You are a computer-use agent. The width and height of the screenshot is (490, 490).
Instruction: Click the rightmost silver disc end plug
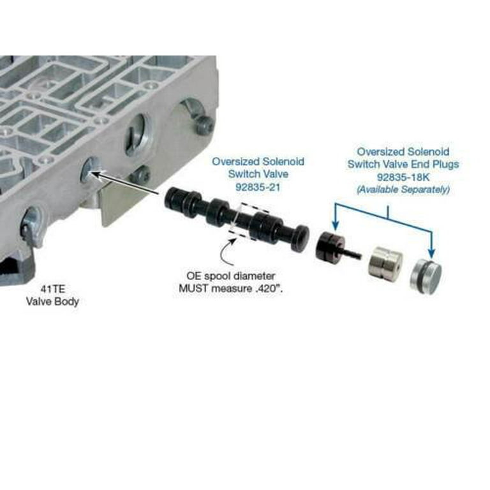point(426,273)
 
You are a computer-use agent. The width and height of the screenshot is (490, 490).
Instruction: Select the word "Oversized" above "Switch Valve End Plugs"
point(380,152)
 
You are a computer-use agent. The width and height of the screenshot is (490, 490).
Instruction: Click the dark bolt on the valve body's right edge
point(204,124)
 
